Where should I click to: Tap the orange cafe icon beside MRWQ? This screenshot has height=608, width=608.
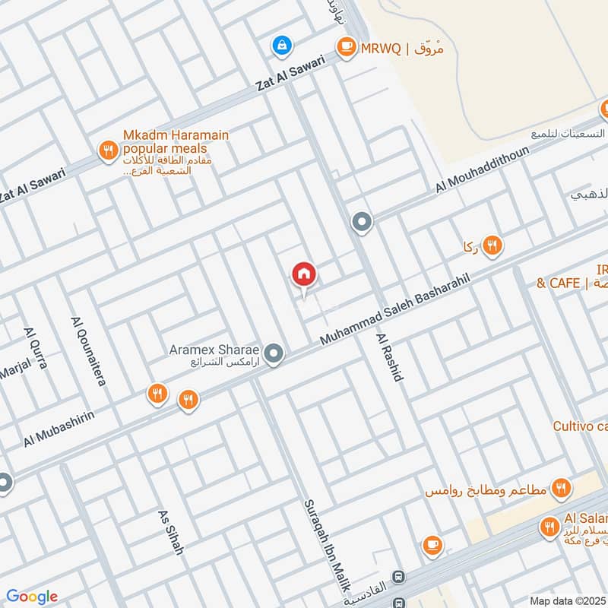(347, 47)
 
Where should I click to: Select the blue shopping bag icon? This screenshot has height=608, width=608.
(282, 47)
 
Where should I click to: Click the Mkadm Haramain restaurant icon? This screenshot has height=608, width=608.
(108, 150)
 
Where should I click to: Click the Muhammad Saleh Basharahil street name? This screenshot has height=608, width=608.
(395, 309)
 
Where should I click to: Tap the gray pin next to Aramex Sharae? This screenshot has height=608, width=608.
(275, 353)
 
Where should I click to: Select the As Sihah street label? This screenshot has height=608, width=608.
(171, 532)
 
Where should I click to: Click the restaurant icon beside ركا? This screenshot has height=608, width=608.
(492, 245)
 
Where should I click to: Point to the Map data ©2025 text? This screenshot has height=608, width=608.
(567, 600)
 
